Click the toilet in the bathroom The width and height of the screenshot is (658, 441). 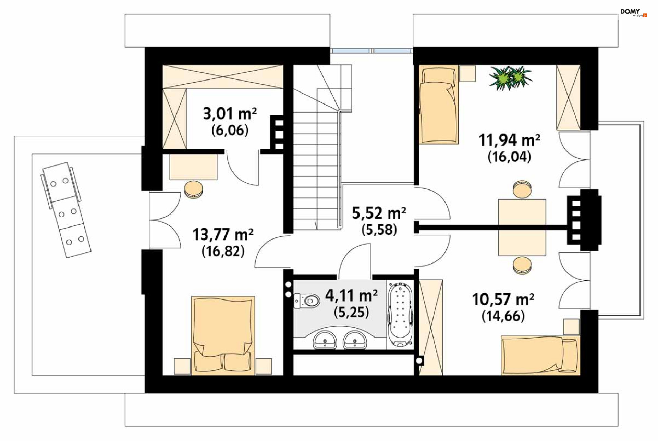pos(307,301)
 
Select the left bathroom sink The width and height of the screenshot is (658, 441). pos(325,339)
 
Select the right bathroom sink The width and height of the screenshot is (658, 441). pos(355,339)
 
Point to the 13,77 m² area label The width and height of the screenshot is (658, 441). pos(223,235)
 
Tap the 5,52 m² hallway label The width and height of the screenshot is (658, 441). pos(379,213)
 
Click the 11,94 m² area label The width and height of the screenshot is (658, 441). pos(509,140)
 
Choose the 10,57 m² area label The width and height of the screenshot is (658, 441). pos(503,299)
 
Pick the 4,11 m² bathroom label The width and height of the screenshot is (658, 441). pos(352,295)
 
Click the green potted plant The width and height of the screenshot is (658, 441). pos(510,78)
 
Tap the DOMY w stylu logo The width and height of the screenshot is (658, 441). pos(633,13)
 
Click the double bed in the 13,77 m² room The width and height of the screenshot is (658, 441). pos(223,335)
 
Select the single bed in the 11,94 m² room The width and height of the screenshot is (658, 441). pos(439,105)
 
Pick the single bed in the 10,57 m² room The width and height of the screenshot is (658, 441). pos(540,355)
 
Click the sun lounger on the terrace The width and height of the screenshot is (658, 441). pos(66,210)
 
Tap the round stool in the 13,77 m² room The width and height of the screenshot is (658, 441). pos(194,189)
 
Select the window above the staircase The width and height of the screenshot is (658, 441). pos(371,51)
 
